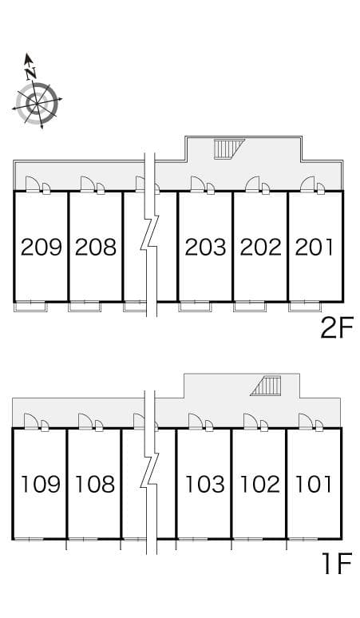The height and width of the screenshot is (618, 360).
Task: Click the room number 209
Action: (x=42, y=247)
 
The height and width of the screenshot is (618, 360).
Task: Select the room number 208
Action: (x=96, y=247)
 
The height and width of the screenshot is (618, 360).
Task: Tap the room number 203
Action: (x=205, y=247)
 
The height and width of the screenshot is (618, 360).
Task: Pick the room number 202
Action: (x=260, y=247)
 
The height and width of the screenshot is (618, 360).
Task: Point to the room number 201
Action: (x=315, y=247)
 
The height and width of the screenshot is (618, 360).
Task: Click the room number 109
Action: (x=40, y=484)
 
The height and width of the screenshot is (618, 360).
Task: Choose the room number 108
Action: (x=95, y=484)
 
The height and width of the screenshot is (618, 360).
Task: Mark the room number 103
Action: (x=204, y=484)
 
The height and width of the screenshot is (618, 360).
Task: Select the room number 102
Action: (x=259, y=484)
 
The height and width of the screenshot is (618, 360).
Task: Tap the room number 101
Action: (x=314, y=484)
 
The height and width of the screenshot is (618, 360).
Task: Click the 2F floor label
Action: (x=335, y=328)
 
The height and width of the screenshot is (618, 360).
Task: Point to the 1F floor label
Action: (x=337, y=565)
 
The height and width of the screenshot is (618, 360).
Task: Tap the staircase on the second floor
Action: (x=229, y=149)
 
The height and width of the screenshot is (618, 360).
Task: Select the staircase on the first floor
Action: (x=267, y=386)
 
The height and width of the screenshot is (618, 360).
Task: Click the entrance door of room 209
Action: (x=34, y=185)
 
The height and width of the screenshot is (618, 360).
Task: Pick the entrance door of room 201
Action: (x=309, y=185)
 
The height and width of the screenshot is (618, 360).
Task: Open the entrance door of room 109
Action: (x=33, y=422)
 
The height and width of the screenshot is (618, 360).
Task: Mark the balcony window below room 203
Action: (x=194, y=305)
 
